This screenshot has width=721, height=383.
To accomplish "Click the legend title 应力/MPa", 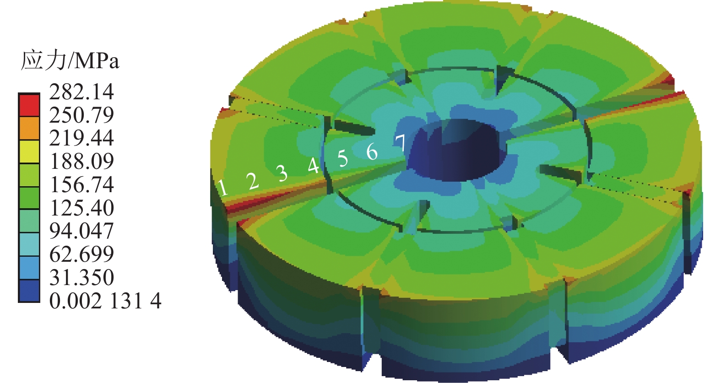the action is pos(70,60).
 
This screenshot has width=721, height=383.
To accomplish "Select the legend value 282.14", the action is pos(81,92).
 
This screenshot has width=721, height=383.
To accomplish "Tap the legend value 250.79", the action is pos(81,115).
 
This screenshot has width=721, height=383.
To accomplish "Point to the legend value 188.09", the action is pos(81,161).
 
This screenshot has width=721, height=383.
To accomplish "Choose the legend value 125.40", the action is pos(81,208).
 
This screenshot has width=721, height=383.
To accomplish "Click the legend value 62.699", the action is pos(81,254).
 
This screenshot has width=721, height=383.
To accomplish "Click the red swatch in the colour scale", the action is pos(29,105).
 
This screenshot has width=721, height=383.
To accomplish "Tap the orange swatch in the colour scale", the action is pos(29,128).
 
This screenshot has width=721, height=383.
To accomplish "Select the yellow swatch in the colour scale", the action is pos(29,151).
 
